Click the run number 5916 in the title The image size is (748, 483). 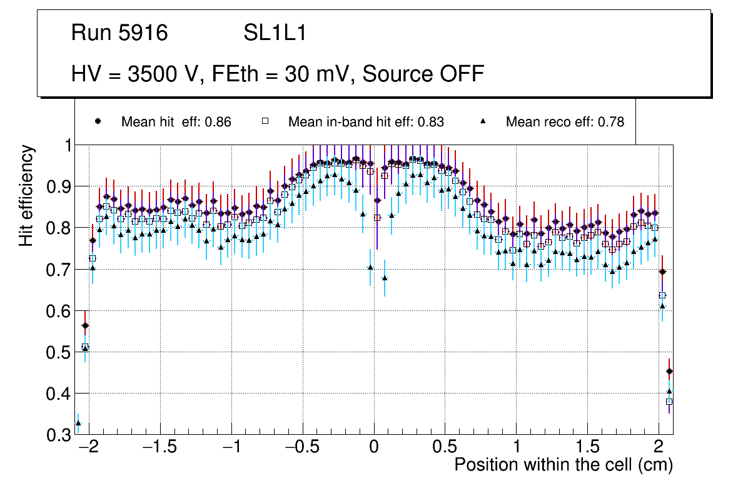point(143,33)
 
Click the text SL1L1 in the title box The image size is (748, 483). point(275,33)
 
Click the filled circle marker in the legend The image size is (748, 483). point(98,121)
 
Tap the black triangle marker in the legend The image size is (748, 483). point(483,121)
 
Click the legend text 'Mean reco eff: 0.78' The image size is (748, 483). point(565,122)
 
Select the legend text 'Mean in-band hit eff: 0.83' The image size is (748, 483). point(366,122)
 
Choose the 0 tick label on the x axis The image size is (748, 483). point(374,448)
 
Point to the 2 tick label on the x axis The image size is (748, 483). point(659,448)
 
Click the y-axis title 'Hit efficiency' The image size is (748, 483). point(27,195)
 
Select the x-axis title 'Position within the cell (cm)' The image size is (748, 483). point(563,465)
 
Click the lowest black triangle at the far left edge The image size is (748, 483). point(78,424)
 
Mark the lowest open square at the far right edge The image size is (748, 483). point(669,401)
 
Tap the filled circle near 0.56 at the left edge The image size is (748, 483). point(85,326)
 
